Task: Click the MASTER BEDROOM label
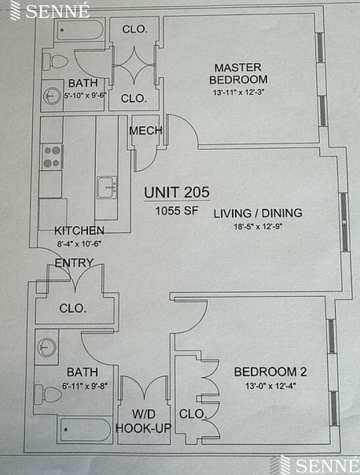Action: pos(237,73)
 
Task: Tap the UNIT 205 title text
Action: pos(177,192)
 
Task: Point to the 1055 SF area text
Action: pos(177,211)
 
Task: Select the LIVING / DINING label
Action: pos(258,213)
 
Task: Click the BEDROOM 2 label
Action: pos(270,372)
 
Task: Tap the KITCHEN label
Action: pos(79,231)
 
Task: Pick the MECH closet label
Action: pos(145,131)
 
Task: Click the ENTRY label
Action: pos(74,263)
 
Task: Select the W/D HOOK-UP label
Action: pos(143,421)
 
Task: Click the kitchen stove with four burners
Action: pos(53,156)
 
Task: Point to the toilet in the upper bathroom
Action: pos(56,62)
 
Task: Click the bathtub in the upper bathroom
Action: pos(80,30)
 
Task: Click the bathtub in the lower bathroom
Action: pos(85,430)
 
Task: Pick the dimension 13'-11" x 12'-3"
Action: pos(237,93)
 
